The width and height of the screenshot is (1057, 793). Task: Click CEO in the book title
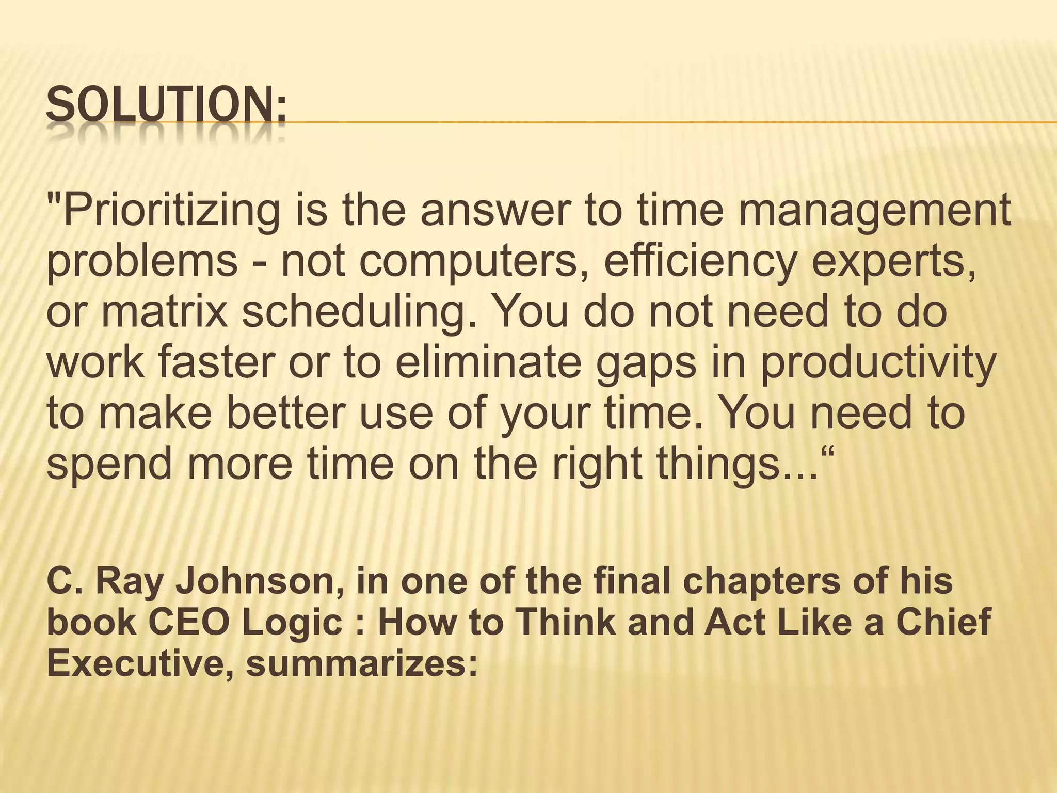189,623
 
